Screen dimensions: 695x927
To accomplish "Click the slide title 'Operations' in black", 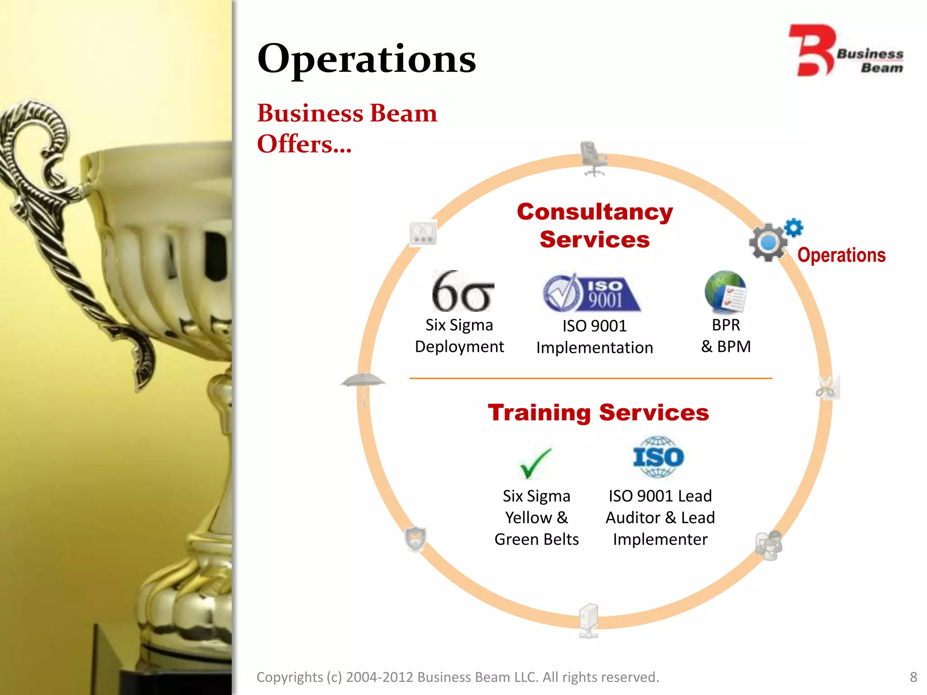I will pyautogui.click(x=366, y=59).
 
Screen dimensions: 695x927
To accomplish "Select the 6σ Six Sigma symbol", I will pyautogui.click(x=462, y=292).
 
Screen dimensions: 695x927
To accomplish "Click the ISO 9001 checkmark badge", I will pyautogui.click(x=591, y=293).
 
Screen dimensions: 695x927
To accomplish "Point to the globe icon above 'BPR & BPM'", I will pyautogui.click(x=725, y=292).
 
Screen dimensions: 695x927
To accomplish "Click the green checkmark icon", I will pyautogui.click(x=535, y=463).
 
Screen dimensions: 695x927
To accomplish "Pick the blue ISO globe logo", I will pyautogui.click(x=659, y=457).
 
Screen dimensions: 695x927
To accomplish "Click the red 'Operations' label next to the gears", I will pyautogui.click(x=841, y=255).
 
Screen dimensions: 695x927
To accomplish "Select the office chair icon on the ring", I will pyautogui.click(x=593, y=158).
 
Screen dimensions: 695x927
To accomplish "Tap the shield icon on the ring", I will pyautogui.click(x=415, y=538).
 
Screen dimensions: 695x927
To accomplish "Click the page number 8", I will pyautogui.click(x=913, y=677).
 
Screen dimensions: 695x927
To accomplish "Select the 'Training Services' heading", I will pyautogui.click(x=598, y=413).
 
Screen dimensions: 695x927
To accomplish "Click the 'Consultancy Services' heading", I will pyautogui.click(x=595, y=225).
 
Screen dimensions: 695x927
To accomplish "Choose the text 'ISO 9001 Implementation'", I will pyautogui.click(x=594, y=337).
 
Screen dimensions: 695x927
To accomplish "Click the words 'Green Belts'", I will pyautogui.click(x=536, y=539).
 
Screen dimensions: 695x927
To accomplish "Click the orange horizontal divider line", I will pyautogui.click(x=591, y=378).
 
